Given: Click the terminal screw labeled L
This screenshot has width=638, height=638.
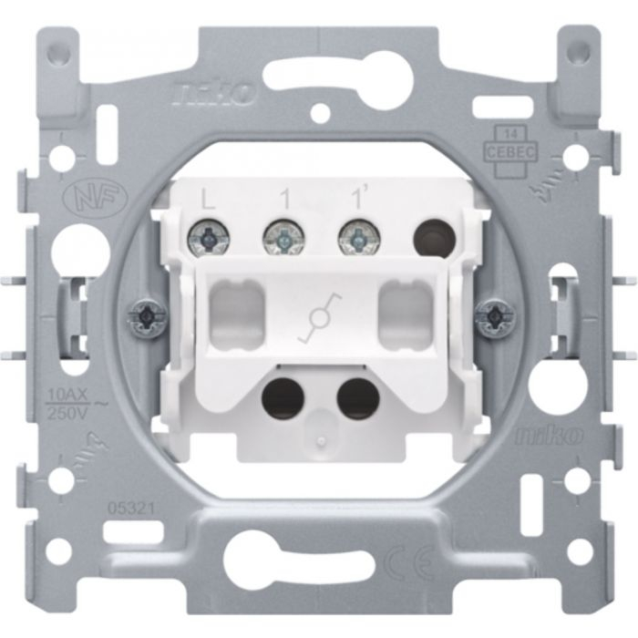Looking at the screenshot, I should [x=206, y=240].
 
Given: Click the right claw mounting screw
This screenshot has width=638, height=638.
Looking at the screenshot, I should [x=496, y=315].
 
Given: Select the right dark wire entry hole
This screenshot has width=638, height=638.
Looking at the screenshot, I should [x=357, y=397].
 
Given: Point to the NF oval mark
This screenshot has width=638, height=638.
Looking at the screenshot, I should [x=79, y=198].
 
